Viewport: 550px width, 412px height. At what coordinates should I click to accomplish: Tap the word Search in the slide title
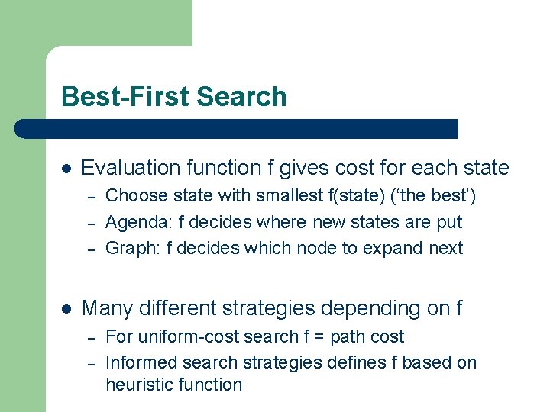241,97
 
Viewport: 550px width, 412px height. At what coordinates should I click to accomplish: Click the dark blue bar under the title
237,129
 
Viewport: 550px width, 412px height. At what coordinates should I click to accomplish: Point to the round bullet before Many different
66,309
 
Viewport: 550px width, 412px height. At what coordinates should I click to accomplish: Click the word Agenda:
133,223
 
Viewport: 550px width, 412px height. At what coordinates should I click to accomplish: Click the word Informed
138,362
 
